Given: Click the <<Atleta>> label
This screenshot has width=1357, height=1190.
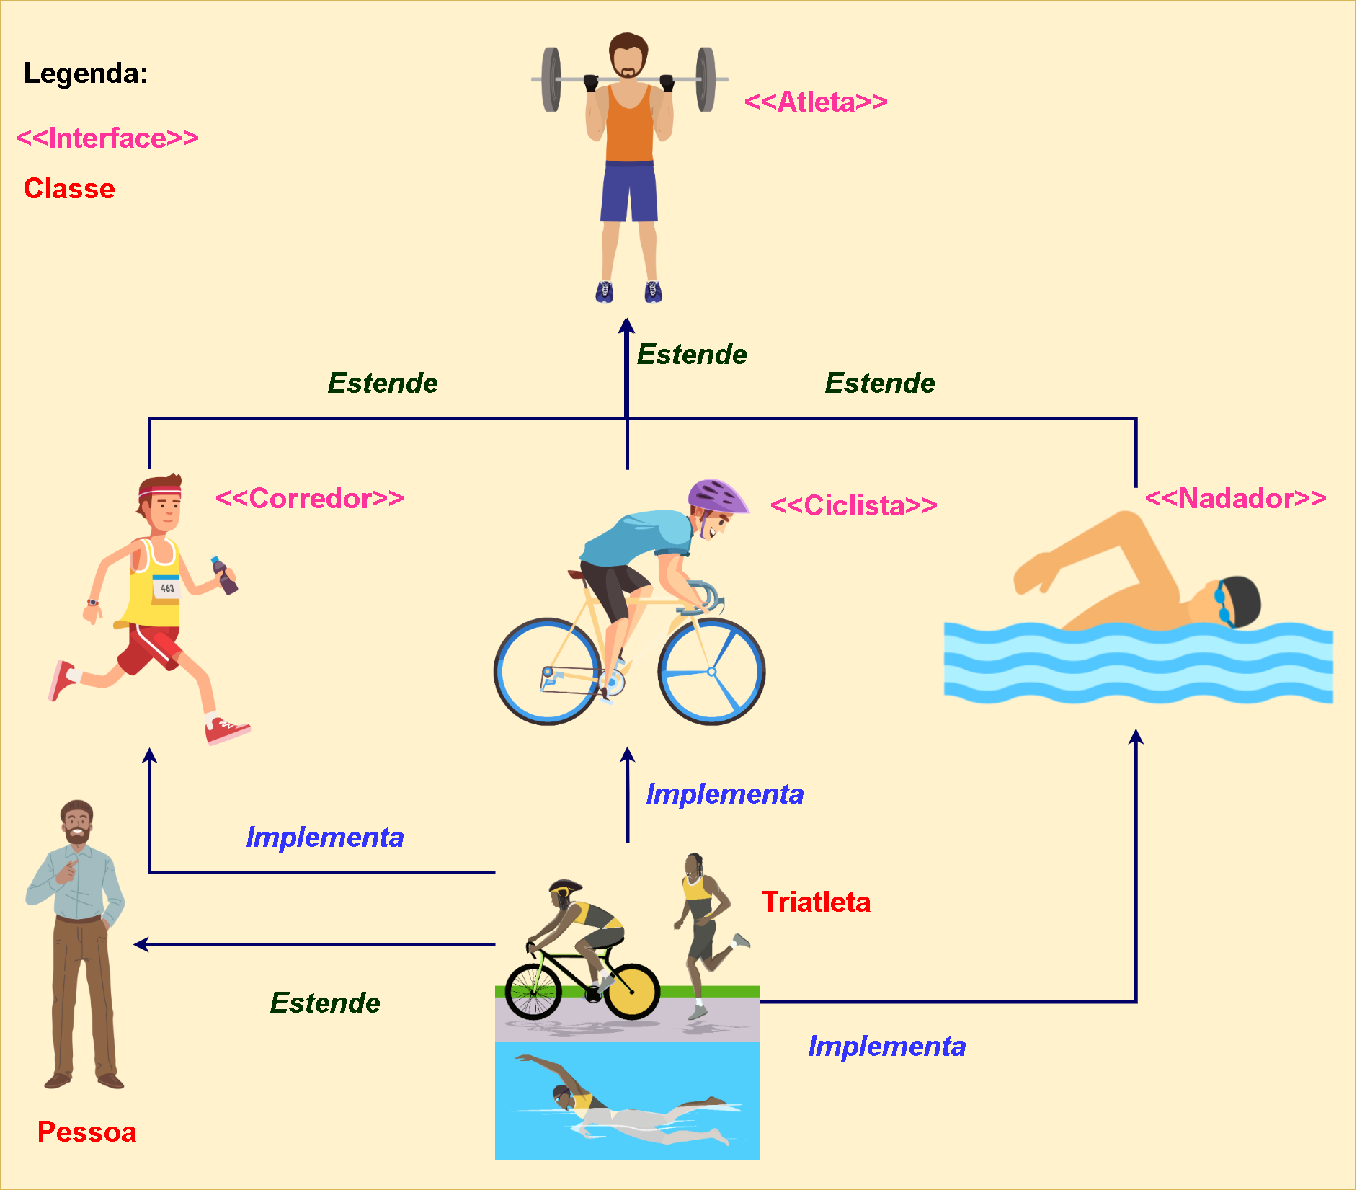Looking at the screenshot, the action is (815, 102).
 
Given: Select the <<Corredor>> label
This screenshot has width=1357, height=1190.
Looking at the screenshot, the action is (309, 498).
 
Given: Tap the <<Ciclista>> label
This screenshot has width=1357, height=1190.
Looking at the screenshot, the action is (853, 505).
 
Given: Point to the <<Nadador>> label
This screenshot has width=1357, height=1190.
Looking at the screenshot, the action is (1235, 498).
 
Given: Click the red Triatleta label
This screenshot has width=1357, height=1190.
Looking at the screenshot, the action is (817, 902).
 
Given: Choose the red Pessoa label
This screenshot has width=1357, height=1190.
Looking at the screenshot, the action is (86, 1132).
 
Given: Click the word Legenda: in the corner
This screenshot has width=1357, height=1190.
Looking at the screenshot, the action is (86, 74).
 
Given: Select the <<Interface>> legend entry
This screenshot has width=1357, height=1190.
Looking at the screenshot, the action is (107, 138).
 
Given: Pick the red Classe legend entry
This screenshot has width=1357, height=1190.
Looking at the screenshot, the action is (69, 188).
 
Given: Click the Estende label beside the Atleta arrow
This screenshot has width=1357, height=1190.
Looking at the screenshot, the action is (692, 354).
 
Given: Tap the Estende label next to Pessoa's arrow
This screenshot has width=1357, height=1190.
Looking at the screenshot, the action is (325, 1003).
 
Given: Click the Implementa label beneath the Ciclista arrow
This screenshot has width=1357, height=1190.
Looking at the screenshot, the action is (724, 794).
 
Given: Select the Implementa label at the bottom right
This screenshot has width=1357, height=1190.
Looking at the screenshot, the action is (886, 1046).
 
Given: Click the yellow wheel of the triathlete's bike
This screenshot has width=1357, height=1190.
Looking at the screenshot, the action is (632, 991).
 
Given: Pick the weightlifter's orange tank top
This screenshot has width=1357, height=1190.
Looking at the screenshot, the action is (629, 126).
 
